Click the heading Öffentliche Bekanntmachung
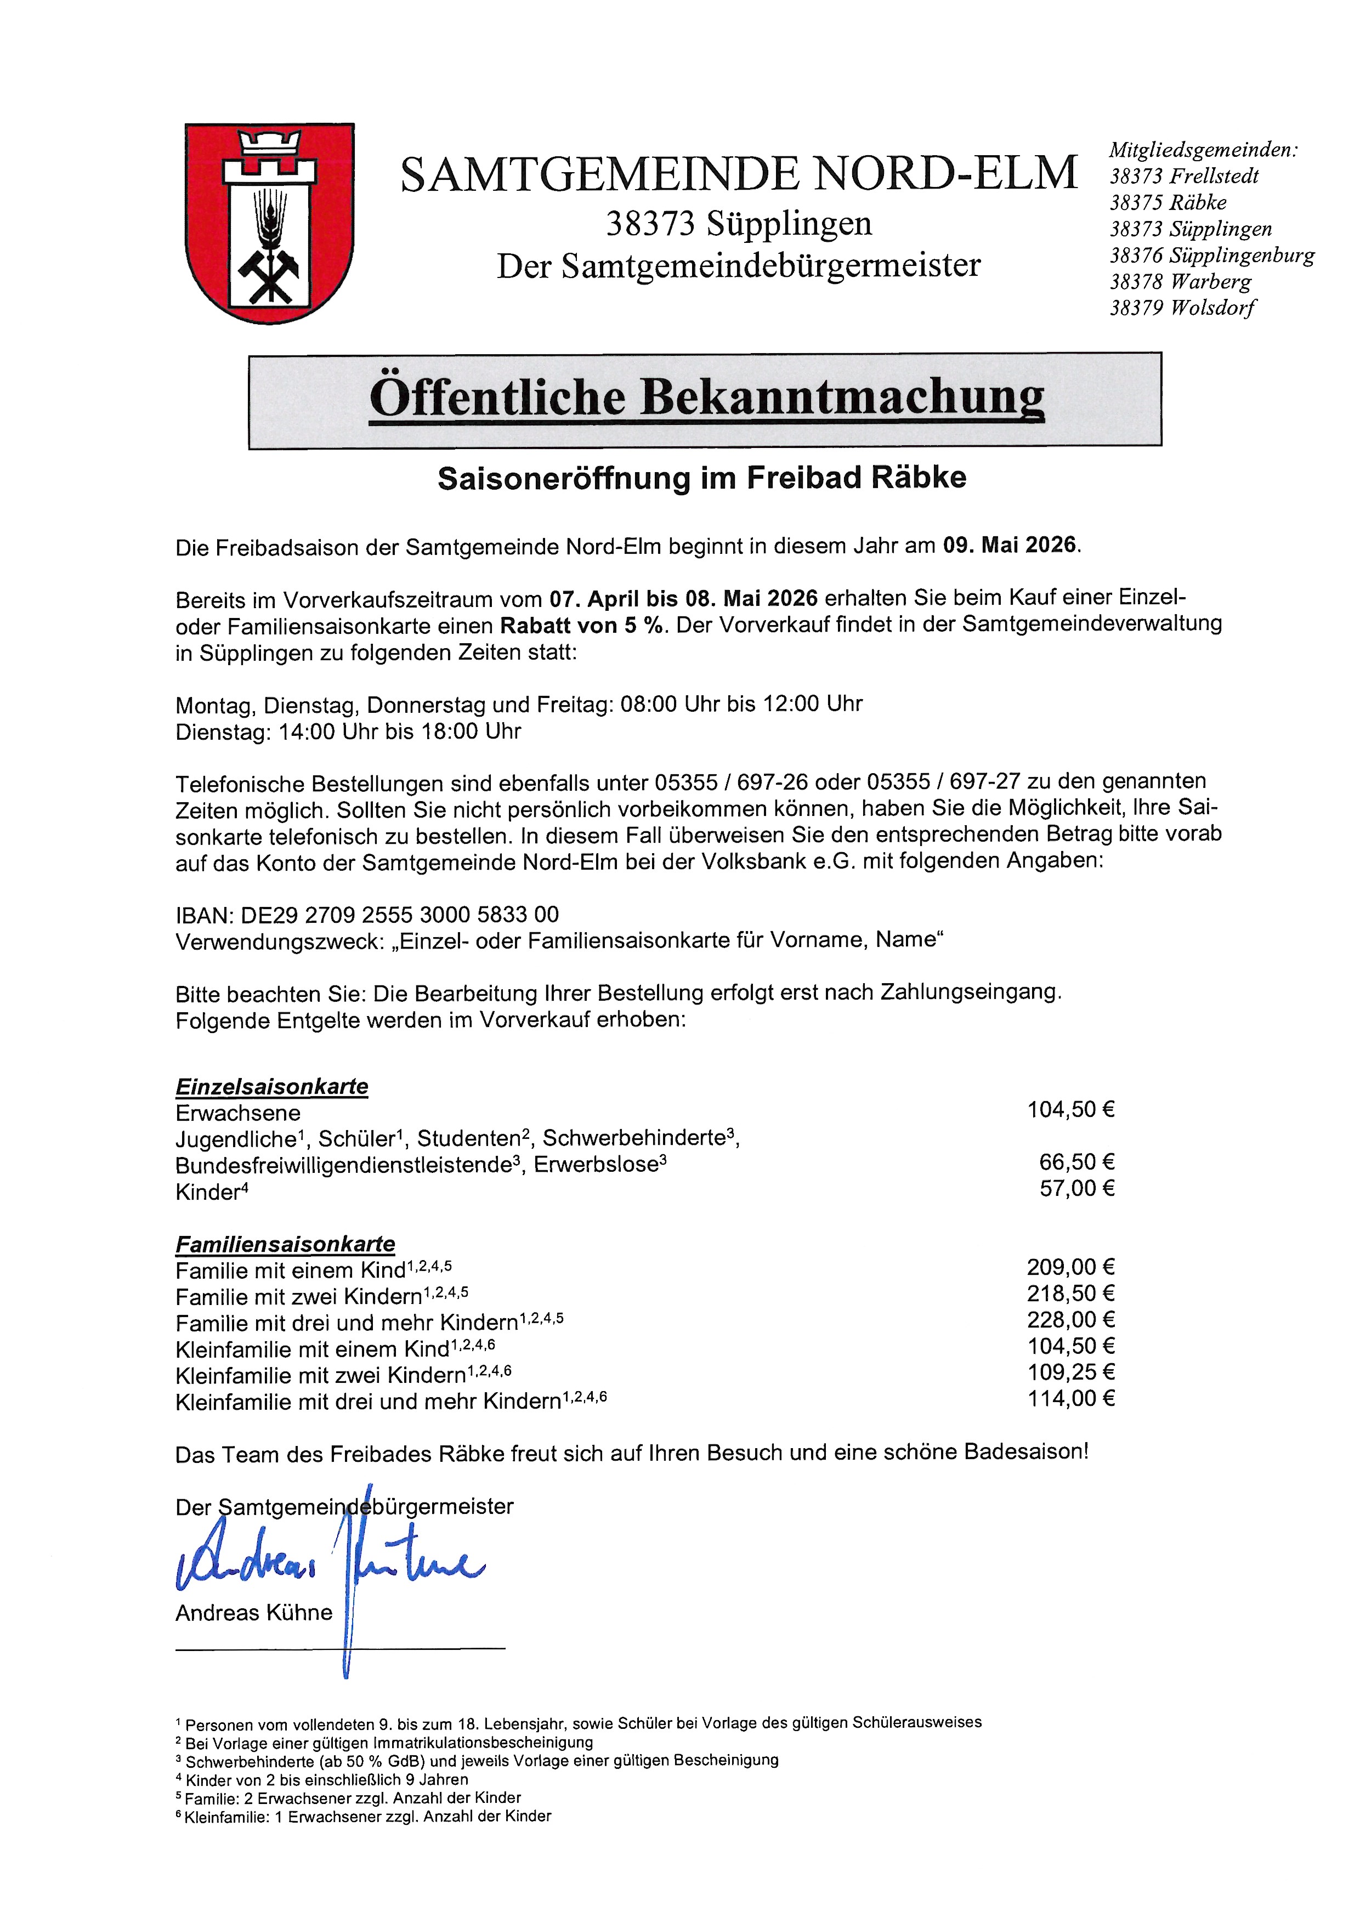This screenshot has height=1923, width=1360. [706, 399]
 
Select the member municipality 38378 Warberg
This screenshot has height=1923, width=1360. [1180, 281]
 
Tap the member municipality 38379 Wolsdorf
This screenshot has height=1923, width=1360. [1182, 308]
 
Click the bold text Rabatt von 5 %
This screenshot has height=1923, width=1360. [583, 626]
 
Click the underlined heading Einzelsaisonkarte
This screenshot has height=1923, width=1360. [271, 1086]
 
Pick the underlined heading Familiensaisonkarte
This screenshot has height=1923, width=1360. [285, 1244]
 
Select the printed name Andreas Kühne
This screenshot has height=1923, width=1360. [254, 1612]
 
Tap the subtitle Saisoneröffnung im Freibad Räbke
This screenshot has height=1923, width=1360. [702, 478]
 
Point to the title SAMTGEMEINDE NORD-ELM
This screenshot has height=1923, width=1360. [739, 174]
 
